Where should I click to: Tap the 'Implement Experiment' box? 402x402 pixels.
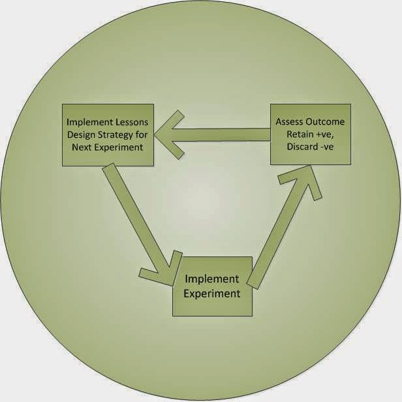(x=212, y=286)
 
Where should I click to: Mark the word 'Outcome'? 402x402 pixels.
(x=328, y=122)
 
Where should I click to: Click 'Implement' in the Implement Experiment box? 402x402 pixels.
(x=212, y=279)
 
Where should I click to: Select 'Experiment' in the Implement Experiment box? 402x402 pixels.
(x=212, y=293)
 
